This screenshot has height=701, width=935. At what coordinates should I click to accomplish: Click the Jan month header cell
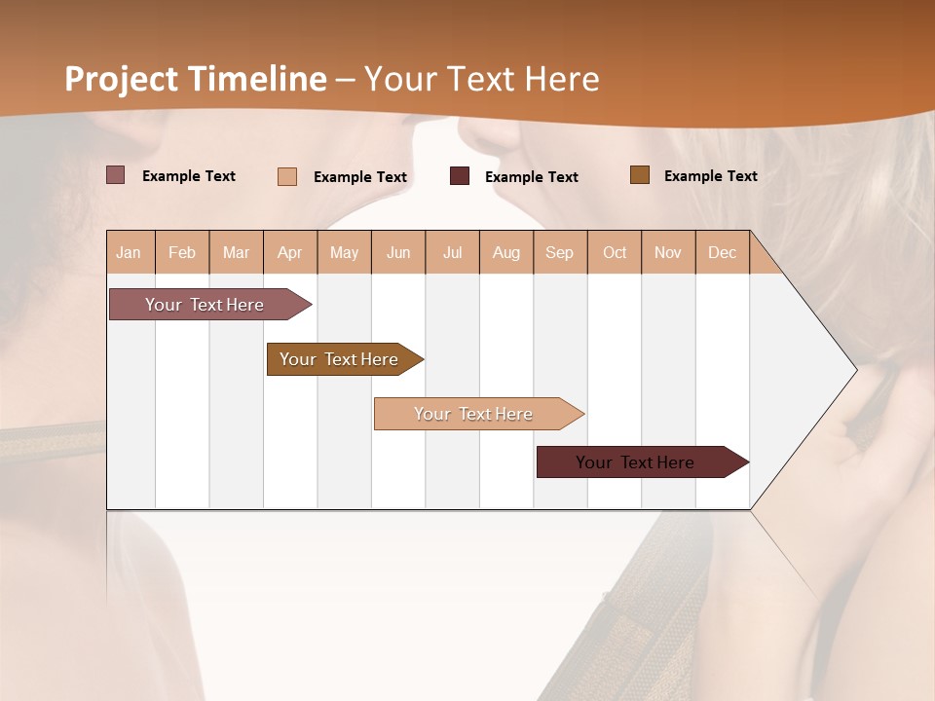(x=130, y=252)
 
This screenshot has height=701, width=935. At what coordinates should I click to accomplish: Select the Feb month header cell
(x=182, y=252)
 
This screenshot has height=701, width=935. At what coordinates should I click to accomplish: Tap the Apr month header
(x=290, y=252)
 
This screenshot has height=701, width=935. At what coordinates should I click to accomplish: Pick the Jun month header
(x=398, y=252)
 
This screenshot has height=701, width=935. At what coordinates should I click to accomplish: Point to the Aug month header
(x=506, y=252)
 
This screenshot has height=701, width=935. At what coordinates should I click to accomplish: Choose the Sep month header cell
(x=560, y=252)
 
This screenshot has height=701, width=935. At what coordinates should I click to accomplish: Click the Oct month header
(x=615, y=252)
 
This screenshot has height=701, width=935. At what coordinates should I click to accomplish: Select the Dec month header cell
(x=723, y=252)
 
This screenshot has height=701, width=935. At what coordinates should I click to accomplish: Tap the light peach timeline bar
(x=474, y=414)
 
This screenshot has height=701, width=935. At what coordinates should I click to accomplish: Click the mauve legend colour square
(x=116, y=175)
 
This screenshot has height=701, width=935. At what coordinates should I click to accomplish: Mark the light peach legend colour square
(x=287, y=176)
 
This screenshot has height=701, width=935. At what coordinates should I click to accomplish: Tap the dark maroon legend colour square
(x=460, y=176)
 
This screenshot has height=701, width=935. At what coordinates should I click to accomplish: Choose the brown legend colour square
(x=640, y=175)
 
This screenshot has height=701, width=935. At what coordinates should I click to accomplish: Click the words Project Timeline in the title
(x=195, y=79)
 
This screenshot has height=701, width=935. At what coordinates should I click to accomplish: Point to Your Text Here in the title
(x=481, y=79)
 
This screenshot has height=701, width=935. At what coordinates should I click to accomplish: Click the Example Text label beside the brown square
(x=710, y=175)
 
